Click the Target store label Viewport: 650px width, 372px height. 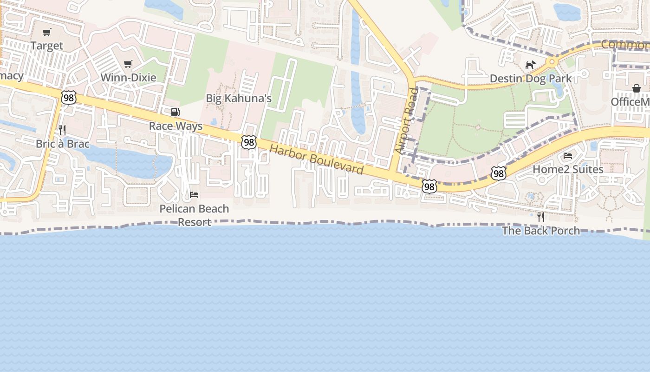pos(46,46)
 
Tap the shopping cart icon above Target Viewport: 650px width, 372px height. pos(46,33)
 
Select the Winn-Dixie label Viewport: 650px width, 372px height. pos(128,77)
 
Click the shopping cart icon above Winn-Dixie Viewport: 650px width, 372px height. pos(128,64)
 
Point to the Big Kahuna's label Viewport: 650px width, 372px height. pos(239,98)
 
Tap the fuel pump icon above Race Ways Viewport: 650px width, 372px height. pos(175,112)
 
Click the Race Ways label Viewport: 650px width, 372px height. pos(175,126)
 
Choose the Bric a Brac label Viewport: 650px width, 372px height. pos(62,144)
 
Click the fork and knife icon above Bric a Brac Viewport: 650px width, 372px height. pos(62,130)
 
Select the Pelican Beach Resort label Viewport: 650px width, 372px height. pos(194,215)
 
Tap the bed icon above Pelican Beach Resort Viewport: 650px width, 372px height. pos(194,194)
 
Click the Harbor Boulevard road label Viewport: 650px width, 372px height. pos(316,159)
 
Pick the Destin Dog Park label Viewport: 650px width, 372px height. pos(531,78)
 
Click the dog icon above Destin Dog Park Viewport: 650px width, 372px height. pos(530,65)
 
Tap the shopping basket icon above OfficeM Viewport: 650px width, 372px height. pos(636,88)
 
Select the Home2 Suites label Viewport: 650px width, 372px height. pos(568,169)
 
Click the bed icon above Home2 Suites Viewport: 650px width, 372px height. pos(568,155)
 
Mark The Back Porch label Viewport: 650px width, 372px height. pos(541,231)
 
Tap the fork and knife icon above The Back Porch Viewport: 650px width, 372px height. pos(541,217)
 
